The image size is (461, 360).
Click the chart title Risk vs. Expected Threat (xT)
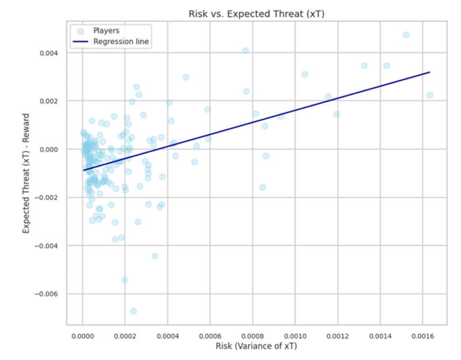click(256, 13)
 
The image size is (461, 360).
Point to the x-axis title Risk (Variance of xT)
click(256, 346)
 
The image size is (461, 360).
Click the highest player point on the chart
click(406, 35)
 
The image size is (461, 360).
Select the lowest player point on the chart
click(134, 311)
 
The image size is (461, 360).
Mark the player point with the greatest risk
click(429, 95)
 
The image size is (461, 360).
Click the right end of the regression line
click(430, 72)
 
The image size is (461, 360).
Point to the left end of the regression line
click(83, 170)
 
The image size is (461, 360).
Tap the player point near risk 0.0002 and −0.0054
click(124, 280)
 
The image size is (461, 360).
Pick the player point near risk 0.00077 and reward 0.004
click(245, 51)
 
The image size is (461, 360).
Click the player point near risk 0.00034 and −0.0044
click(155, 256)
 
